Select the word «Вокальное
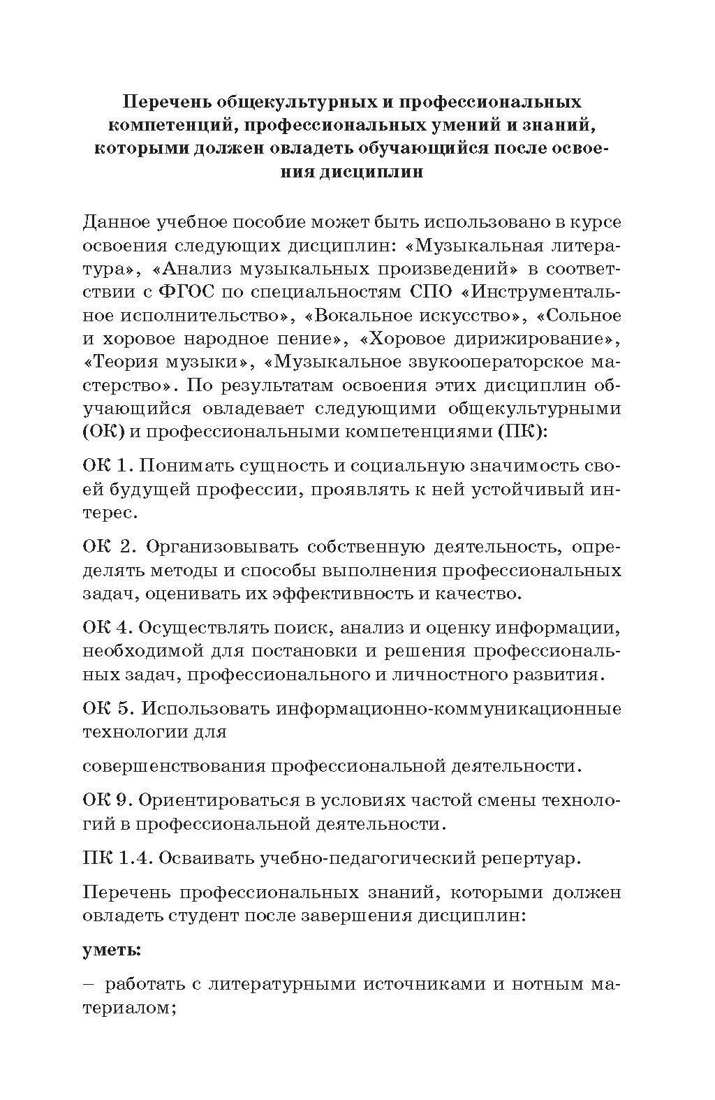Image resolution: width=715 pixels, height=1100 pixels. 351,315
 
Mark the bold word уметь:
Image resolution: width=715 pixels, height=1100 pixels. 112,950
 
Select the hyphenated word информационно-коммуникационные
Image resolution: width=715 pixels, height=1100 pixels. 449,708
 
